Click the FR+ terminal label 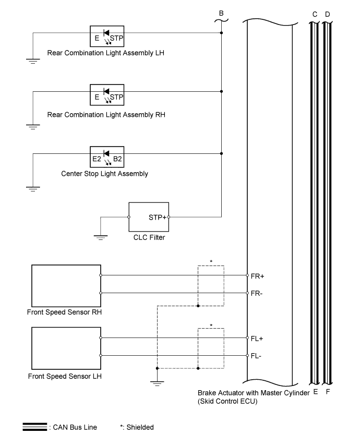pos(257,276)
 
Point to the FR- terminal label pos(256,293)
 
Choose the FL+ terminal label pos(257,339)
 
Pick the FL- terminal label pos(256,356)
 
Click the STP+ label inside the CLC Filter pos(158,218)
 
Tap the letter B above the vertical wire pos(221,13)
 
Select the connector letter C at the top pos(315,14)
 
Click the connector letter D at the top pos(327,14)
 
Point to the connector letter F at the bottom pos(328,392)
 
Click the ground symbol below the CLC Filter pos(101,237)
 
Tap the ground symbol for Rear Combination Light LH pos(33,61)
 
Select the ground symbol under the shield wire pos(157,383)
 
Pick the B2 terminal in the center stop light pos(117,159)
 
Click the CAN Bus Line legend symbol pos(35,427)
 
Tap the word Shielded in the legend pos(140,427)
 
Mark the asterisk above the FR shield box pos(211,261)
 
